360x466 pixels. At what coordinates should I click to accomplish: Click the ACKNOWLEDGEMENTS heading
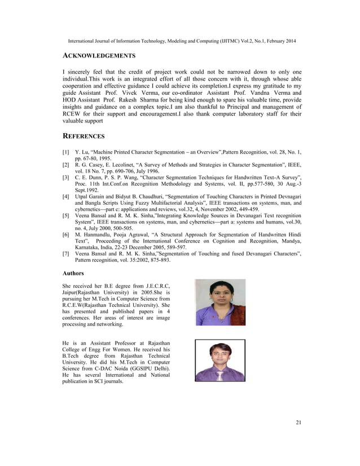click(99, 56)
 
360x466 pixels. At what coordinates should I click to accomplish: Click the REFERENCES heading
click(84, 136)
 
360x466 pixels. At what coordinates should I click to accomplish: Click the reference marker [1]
click(66, 152)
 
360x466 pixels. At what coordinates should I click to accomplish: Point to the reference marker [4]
click(66, 195)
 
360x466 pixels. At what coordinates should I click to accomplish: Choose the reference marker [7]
click(66, 255)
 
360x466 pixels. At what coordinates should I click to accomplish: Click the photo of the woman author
click(220, 302)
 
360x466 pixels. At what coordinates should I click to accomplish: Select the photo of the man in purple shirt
click(220, 361)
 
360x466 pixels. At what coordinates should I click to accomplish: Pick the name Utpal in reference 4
click(84, 195)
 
